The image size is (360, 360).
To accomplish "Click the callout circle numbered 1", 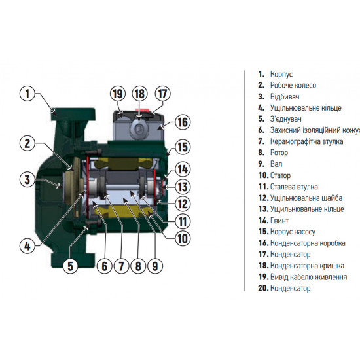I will tap(28, 95).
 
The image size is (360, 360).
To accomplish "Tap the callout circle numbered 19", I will tap(117, 94).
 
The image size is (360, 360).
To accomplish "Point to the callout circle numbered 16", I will tap(183, 122).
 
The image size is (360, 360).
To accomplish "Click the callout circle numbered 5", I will tap(71, 266).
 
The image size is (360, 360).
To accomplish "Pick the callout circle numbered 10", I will tap(179, 237).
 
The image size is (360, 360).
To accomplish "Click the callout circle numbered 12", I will tap(182, 204).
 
